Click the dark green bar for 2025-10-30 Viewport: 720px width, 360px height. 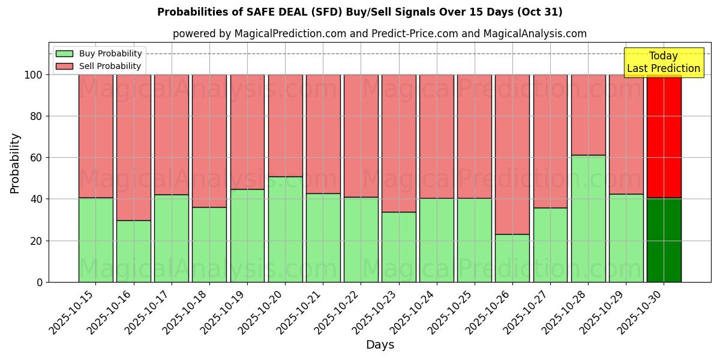tap(664, 240)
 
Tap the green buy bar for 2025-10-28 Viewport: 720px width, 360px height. tap(588, 218)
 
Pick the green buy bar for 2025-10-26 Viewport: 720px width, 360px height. tap(512, 258)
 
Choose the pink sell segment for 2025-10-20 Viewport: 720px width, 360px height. tap(285, 125)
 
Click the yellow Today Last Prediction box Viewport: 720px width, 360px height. tap(663, 62)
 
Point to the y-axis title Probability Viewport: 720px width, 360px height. tap(15, 163)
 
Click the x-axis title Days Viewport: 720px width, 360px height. tap(380, 345)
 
